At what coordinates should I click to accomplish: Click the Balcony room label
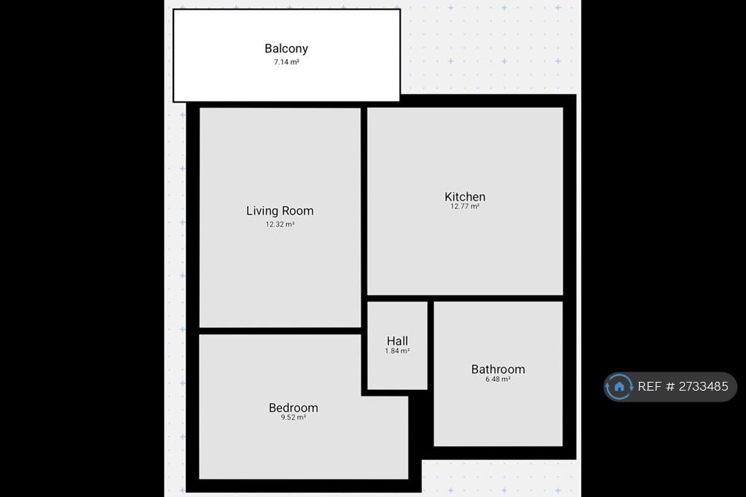pos(286,49)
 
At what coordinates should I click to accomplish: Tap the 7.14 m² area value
pos(286,62)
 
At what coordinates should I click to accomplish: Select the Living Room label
pos(280,211)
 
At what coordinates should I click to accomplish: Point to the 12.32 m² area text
pos(280,224)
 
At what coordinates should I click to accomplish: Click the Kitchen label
pos(465,197)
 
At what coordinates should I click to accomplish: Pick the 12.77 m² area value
pos(465,206)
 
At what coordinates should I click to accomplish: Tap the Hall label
pos(397,341)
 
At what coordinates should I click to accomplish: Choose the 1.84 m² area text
pos(397,351)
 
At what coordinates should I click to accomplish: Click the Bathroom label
pos(498,369)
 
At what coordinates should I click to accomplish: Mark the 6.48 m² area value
pos(498,380)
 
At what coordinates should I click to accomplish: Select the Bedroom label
pos(293,408)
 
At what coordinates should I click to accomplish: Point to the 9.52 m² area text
pos(293,418)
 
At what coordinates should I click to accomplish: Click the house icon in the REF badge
pos(619,386)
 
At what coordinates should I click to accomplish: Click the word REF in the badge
pos(649,386)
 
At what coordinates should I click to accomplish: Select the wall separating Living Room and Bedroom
pos(280,331)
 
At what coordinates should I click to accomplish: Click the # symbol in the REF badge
pos(670,386)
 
